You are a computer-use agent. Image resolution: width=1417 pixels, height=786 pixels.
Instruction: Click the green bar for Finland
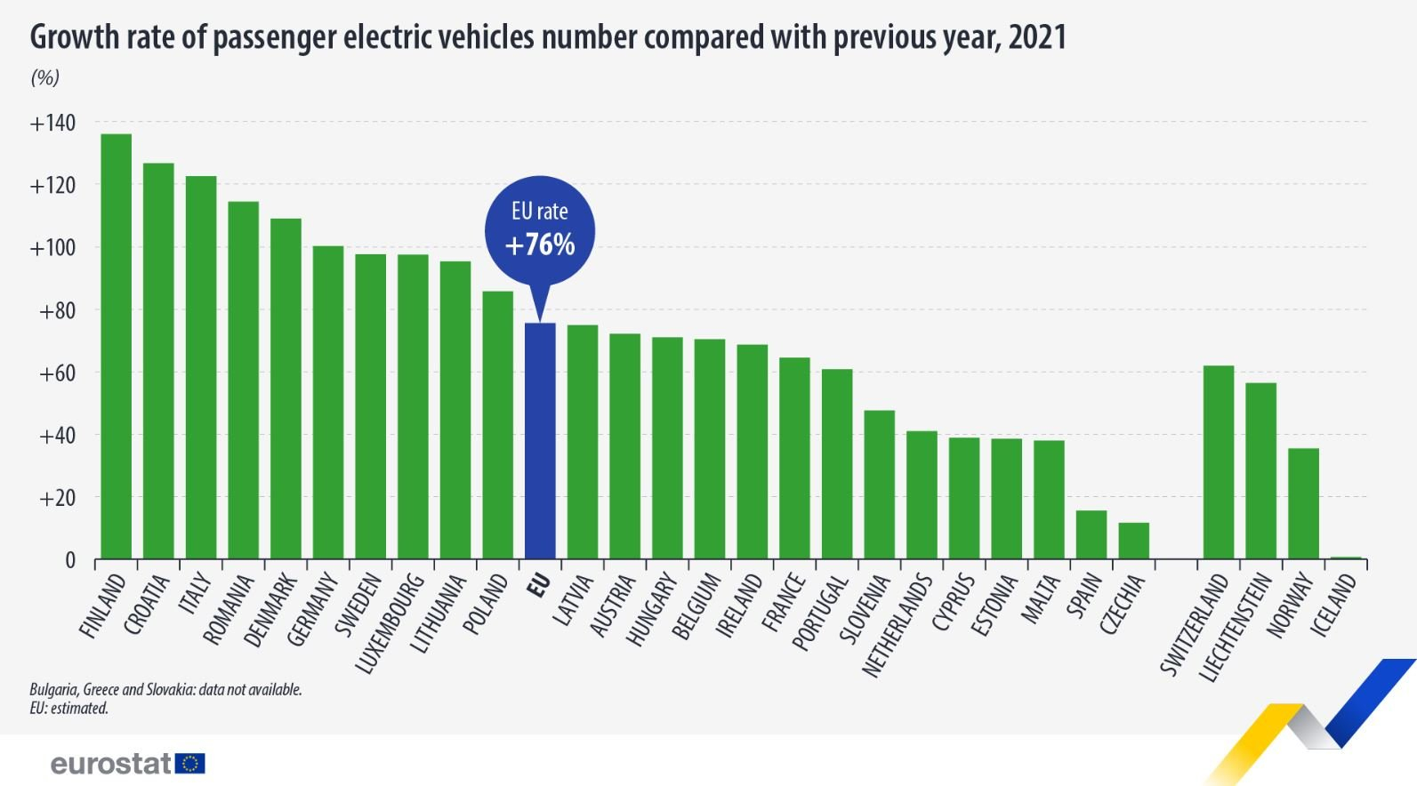point(116,347)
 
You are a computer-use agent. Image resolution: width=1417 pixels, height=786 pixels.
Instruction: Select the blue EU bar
point(540,441)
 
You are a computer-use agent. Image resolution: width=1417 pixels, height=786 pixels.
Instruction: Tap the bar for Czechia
point(1133,541)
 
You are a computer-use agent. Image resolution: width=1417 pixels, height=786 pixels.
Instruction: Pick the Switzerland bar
point(1218,462)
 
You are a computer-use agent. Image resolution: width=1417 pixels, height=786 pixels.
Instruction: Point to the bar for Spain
point(1091,535)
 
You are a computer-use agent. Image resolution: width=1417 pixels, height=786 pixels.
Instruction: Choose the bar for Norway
point(1303,504)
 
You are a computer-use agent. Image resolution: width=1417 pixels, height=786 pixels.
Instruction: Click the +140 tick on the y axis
point(52,123)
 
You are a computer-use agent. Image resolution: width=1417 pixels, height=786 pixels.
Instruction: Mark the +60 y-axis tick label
point(57,373)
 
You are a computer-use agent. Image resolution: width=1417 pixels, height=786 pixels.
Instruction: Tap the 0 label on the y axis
point(70,561)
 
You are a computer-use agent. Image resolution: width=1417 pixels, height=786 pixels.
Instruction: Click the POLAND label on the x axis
point(487,606)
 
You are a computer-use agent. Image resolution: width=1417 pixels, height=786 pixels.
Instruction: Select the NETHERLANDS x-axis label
point(898,626)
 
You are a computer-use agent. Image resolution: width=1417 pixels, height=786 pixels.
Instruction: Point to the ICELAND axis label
point(1334,606)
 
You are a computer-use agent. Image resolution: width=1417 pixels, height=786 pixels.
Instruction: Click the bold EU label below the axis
point(539,585)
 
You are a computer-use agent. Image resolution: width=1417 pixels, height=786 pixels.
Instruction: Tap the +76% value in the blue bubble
point(540,245)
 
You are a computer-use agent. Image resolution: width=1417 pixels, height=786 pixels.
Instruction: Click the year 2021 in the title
point(1037,37)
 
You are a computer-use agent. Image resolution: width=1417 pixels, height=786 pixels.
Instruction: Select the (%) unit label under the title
point(44,78)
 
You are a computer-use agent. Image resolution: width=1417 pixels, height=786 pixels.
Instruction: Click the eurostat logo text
point(111,764)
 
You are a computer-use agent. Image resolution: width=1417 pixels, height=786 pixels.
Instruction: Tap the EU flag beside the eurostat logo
point(190,764)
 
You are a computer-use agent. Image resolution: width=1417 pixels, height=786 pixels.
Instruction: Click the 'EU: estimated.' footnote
point(68,709)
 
